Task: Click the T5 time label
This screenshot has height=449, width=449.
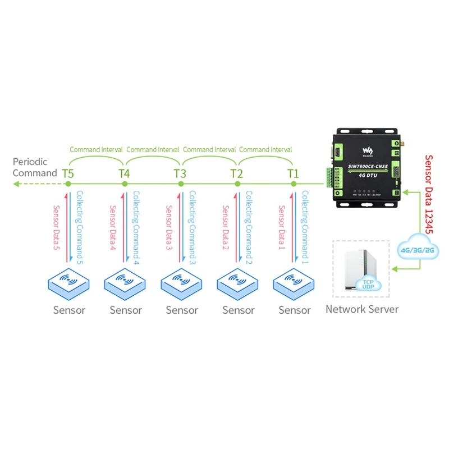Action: [67, 173]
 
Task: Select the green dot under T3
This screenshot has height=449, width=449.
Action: [181, 184]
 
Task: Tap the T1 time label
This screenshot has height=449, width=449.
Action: [293, 173]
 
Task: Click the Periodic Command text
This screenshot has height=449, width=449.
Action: [35, 167]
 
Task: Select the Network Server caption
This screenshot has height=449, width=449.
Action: [362, 309]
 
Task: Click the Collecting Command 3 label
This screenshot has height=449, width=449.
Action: [192, 227]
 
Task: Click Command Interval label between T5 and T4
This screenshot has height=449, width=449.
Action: [96, 150]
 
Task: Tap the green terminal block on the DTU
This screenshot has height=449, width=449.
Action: [327, 177]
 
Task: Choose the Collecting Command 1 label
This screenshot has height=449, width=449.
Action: [305, 227]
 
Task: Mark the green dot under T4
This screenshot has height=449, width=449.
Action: [124, 184]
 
